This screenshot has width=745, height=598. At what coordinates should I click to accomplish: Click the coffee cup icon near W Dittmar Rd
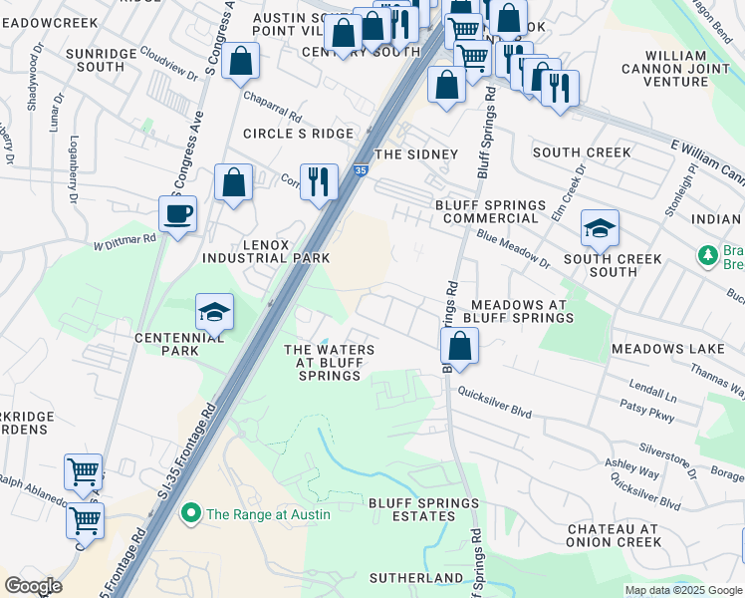click(177, 213)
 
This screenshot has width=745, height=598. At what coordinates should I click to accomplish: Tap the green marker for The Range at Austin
click(189, 513)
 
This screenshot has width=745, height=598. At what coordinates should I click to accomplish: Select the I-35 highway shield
click(360, 171)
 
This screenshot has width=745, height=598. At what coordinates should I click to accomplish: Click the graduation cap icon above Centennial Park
click(214, 312)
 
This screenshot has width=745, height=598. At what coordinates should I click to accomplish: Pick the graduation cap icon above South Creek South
click(600, 227)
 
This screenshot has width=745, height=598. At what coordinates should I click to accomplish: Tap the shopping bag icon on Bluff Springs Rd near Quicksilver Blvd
click(459, 346)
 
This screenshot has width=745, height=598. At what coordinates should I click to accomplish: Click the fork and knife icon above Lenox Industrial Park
click(319, 181)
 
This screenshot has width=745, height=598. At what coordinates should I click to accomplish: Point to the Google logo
click(33, 586)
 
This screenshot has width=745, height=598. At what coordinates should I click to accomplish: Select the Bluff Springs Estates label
click(423, 510)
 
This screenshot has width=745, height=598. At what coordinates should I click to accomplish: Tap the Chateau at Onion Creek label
click(614, 535)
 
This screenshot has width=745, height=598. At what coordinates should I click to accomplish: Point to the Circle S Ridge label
click(299, 134)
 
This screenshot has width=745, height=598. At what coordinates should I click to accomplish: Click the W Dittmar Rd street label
click(125, 239)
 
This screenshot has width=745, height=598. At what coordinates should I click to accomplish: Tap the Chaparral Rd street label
click(274, 104)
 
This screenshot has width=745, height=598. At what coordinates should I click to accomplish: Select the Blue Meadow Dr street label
click(513, 249)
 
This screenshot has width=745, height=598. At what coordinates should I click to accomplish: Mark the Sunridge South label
click(94, 60)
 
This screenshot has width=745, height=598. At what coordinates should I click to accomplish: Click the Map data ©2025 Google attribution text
click(682, 590)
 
